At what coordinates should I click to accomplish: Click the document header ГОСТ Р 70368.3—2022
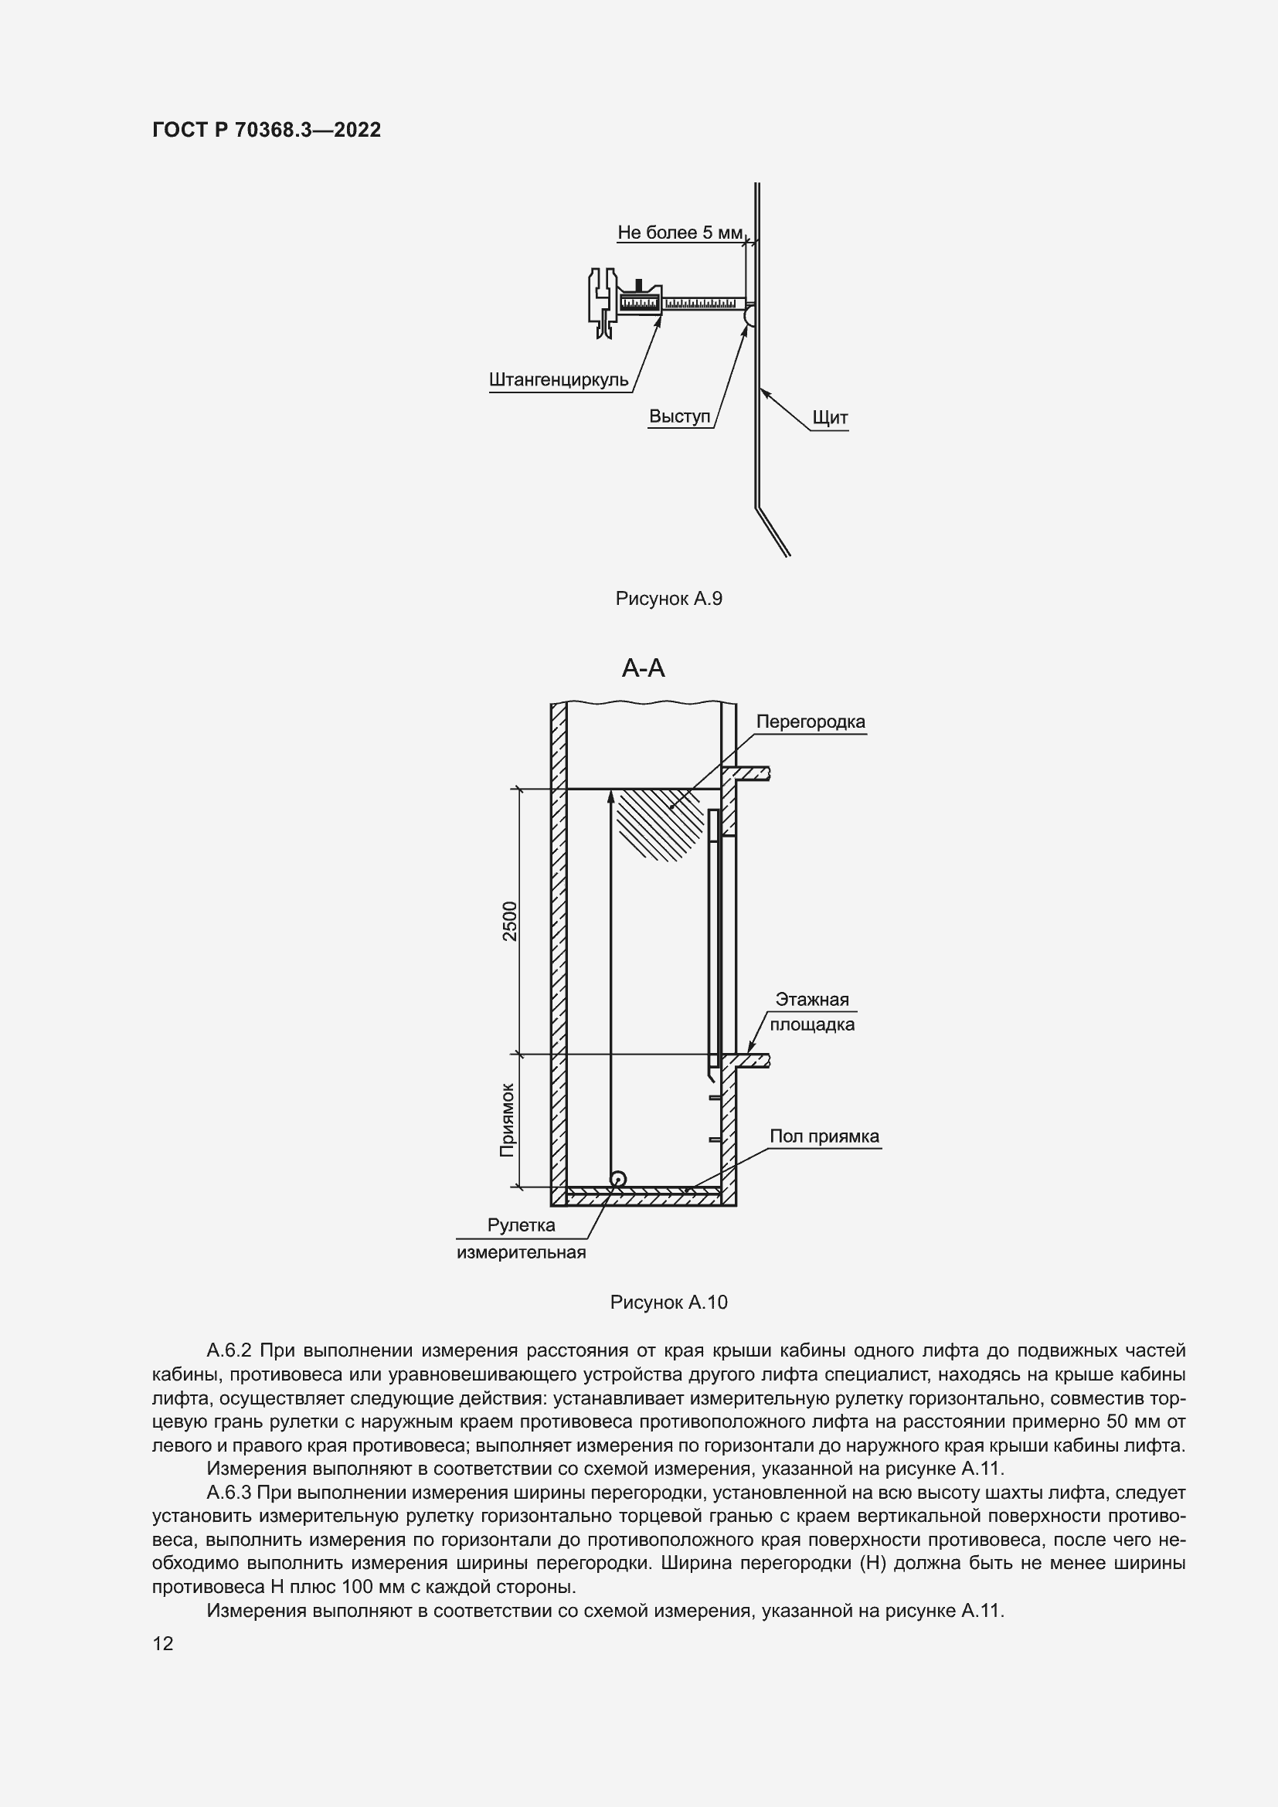(x=266, y=130)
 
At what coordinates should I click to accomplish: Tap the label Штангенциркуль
(x=559, y=380)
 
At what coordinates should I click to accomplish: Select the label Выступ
(x=679, y=416)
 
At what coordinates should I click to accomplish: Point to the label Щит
(x=830, y=418)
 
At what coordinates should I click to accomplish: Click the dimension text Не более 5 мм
(x=680, y=233)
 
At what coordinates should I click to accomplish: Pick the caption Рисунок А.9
(x=668, y=599)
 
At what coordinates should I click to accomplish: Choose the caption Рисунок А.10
(x=668, y=1303)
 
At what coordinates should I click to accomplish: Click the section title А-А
(x=643, y=668)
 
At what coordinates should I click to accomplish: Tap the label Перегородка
(x=811, y=722)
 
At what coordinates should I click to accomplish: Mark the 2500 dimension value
(x=510, y=921)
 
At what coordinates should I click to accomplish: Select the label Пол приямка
(x=824, y=1136)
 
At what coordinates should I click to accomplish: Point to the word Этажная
(x=812, y=1000)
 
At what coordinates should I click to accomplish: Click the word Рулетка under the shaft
(x=521, y=1225)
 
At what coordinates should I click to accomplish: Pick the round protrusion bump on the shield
(x=749, y=316)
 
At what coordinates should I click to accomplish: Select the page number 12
(x=163, y=1644)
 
